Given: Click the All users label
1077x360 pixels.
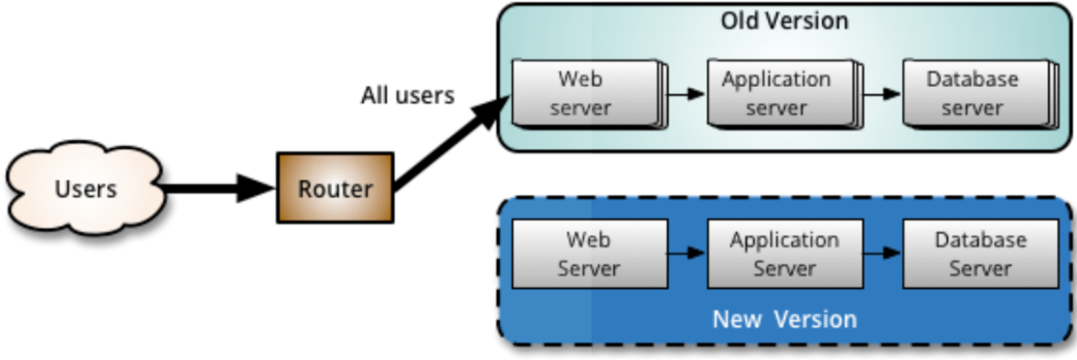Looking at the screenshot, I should click(407, 95).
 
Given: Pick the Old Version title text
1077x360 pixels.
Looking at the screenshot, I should click(784, 21).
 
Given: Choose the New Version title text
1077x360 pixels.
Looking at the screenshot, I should click(784, 319).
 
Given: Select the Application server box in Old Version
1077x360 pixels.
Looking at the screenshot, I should click(780, 93).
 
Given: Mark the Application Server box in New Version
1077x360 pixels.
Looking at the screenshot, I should click(785, 253).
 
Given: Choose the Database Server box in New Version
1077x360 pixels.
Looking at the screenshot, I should click(981, 253).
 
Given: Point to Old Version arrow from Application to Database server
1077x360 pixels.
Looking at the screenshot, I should click(883, 94).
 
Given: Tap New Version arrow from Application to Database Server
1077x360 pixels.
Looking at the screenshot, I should click(883, 253).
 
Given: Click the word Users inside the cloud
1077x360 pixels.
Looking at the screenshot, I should click(86, 189).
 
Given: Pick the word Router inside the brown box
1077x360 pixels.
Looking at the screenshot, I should click(335, 189).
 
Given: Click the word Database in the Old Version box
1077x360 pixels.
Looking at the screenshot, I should click(972, 79).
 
